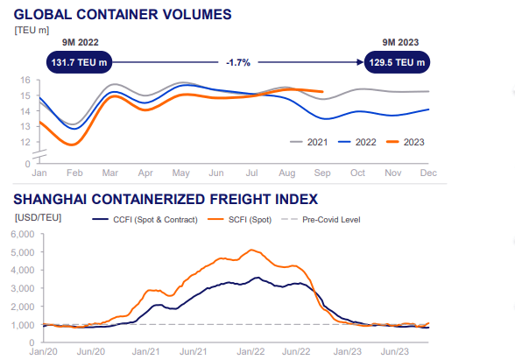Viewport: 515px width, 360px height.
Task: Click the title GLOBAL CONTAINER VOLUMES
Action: pos(123,14)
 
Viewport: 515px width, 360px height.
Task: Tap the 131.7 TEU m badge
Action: pos(78,62)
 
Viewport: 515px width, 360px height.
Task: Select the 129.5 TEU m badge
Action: pos(398,62)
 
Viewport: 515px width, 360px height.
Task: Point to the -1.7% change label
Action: pos(236,62)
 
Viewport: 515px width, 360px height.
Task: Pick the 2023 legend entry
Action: pos(408,142)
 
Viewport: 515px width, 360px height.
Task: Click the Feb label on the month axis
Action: pos(74,174)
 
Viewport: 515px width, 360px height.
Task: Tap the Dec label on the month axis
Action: pos(428,174)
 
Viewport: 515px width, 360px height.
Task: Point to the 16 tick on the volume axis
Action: pos(25,81)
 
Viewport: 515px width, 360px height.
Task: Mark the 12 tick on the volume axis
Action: pos(25,127)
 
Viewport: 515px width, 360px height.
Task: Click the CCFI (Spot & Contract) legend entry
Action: pos(145,219)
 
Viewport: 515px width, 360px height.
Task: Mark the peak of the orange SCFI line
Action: pos(253,250)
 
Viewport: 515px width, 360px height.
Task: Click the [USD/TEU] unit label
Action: pos(37,216)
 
